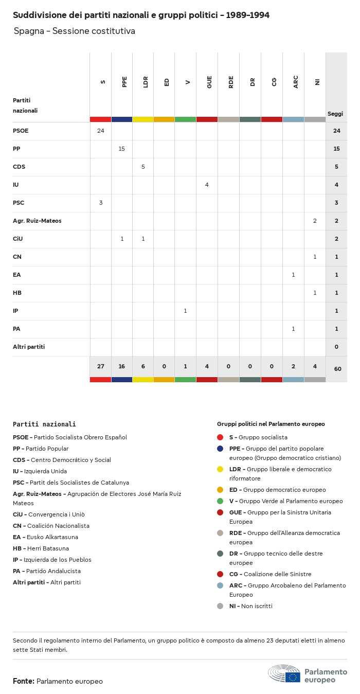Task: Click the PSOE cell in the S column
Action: coord(101,131)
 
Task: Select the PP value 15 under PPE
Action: coord(122,149)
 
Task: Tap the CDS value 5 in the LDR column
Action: coord(143,167)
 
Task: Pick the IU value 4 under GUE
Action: coord(207,185)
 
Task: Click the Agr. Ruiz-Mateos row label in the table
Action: coord(37,221)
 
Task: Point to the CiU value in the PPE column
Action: coord(122,239)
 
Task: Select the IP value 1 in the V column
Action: coord(185,311)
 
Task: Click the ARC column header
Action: coord(296,82)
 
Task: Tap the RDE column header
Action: coord(231,82)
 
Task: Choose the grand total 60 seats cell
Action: coord(337,369)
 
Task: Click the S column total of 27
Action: coord(101,366)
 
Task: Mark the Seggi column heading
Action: coord(335,114)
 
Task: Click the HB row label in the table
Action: coord(17,293)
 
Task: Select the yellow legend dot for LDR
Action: coord(220,469)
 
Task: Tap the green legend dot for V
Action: coord(220,501)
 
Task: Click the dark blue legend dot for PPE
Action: coord(220,449)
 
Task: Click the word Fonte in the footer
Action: coord(24,681)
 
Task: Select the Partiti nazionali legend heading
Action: coord(44,424)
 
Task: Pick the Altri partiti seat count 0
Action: coord(336,347)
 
